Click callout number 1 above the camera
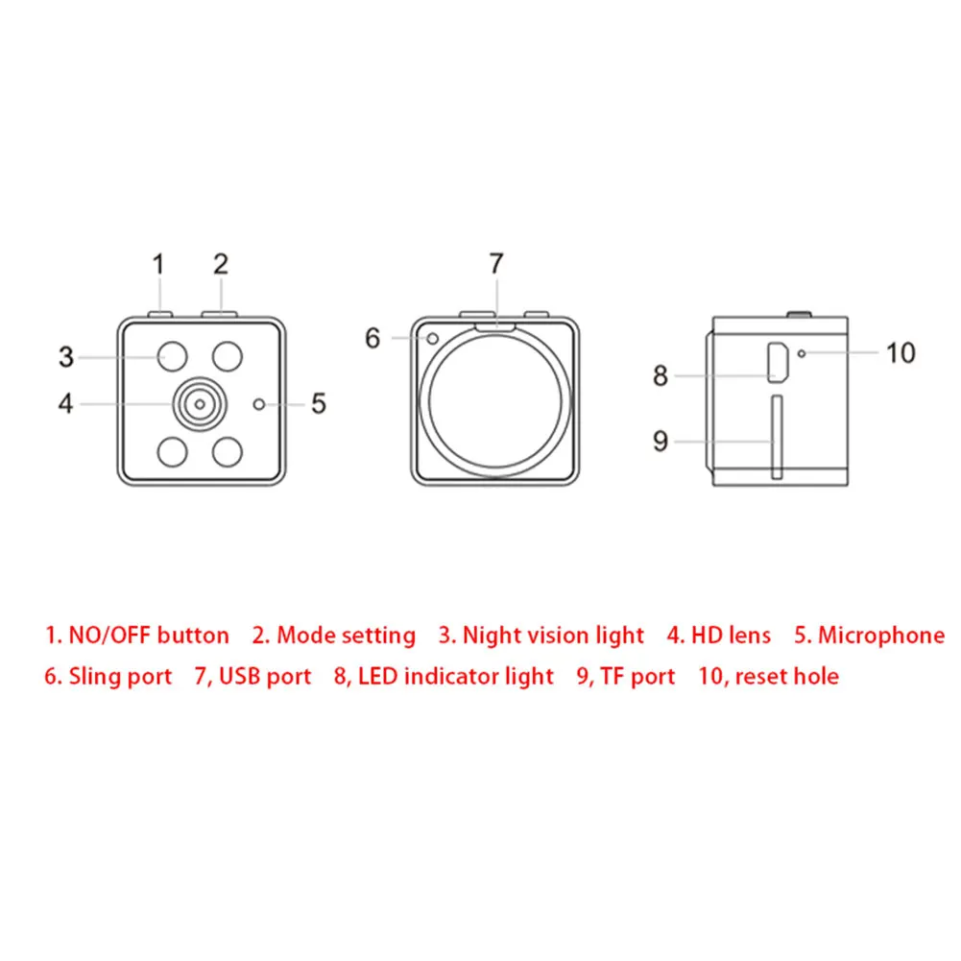click(159, 263)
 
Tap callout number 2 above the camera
click(221, 263)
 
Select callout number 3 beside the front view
click(66, 357)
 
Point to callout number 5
click(319, 403)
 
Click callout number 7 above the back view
click(495, 263)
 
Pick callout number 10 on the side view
click(901, 353)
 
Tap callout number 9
click(661, 441)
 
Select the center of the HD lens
click(199, 404)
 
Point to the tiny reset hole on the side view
click(802, 354)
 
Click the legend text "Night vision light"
click(554, 636)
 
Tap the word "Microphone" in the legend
click(881, 636)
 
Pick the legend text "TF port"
click(638, 677)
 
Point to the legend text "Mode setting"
click(347, 636)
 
